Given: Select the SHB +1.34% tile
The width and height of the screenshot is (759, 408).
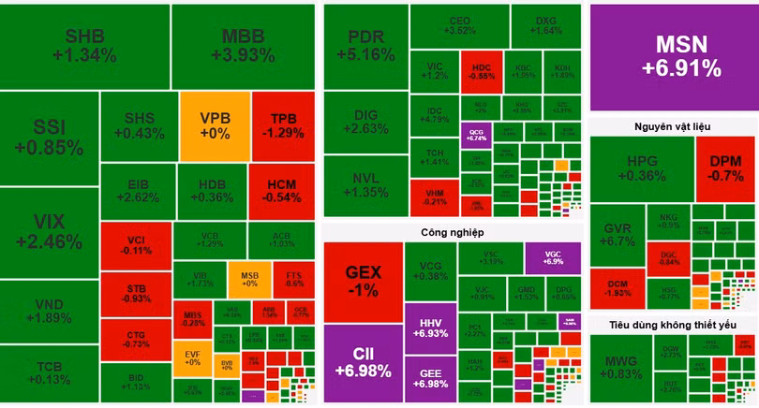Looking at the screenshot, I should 84,46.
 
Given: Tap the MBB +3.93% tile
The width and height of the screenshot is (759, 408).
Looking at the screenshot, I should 248,46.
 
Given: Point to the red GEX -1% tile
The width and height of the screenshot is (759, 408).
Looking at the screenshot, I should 363,281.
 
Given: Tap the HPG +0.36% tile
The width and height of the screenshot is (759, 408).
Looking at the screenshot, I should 642,168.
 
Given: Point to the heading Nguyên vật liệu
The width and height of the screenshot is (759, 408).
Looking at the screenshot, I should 673,125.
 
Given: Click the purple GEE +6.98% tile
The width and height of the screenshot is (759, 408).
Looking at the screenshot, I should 430,379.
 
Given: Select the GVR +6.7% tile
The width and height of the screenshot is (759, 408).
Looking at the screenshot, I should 618,238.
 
